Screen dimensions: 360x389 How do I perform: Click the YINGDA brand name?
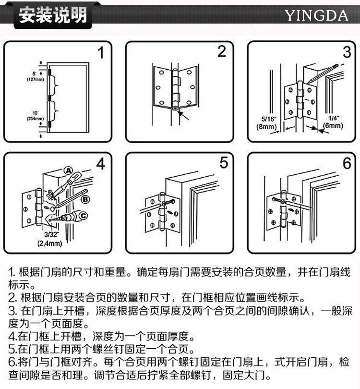316,15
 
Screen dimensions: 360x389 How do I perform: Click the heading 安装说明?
53,15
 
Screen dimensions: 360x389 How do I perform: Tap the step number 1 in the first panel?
101,52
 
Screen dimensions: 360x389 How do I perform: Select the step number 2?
221,51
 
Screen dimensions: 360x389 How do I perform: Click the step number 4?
100,164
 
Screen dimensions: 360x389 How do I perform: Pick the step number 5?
224,163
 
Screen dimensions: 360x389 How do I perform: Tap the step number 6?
347,163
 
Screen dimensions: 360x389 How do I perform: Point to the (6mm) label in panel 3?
333,126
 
